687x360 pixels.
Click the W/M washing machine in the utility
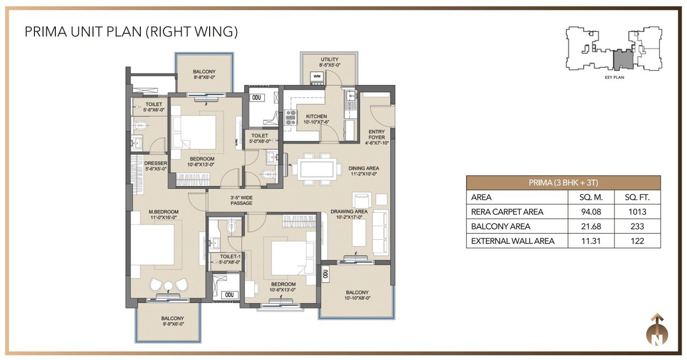(x=317, y=77)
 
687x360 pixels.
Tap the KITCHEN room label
(x=317, y=117)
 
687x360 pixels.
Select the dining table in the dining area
(x=317, y=169)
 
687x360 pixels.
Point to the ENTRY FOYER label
(x=377, y=135)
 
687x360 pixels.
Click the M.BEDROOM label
(x=163, y=212)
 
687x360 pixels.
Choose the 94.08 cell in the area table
(x=591, y=212)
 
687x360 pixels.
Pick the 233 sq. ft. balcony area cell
(x=637, y=227)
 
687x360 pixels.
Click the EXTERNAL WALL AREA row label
(x=513, y=241)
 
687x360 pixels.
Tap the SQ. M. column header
(x=591, y=198)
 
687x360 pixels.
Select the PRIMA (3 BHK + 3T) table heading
(x=563, y=183)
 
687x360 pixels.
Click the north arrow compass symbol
(x=657, y=330)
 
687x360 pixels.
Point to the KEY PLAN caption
(x=614, y=77)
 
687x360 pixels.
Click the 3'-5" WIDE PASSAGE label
(x=242, y=200)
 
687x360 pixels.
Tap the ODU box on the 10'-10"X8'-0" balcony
(x=325, y=274)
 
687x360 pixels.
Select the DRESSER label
(x=156, y=163)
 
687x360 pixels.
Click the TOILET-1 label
(x=230, y=257)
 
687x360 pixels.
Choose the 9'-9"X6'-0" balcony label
(x=173, y=324)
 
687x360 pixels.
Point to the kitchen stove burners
(x=290, y=118)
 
